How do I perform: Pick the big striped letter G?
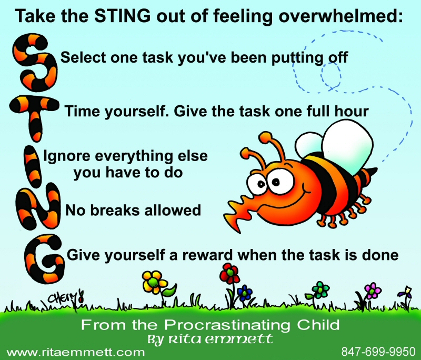click(x=45, y=259)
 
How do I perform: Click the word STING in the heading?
click(x=123, y=16)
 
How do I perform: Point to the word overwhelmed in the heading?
click(x=341, y=16)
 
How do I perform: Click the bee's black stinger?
click(x=372, y=172)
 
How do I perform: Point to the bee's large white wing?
click(x=347, y=146)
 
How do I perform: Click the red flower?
click(x=229, y=273)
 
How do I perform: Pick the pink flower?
click(x=373, y=291)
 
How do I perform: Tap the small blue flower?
click(x=245, y=293)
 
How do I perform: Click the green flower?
click(x=321, y=289)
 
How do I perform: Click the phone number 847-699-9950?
click(x=378, y=352)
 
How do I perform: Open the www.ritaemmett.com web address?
click(x=75, y=352)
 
